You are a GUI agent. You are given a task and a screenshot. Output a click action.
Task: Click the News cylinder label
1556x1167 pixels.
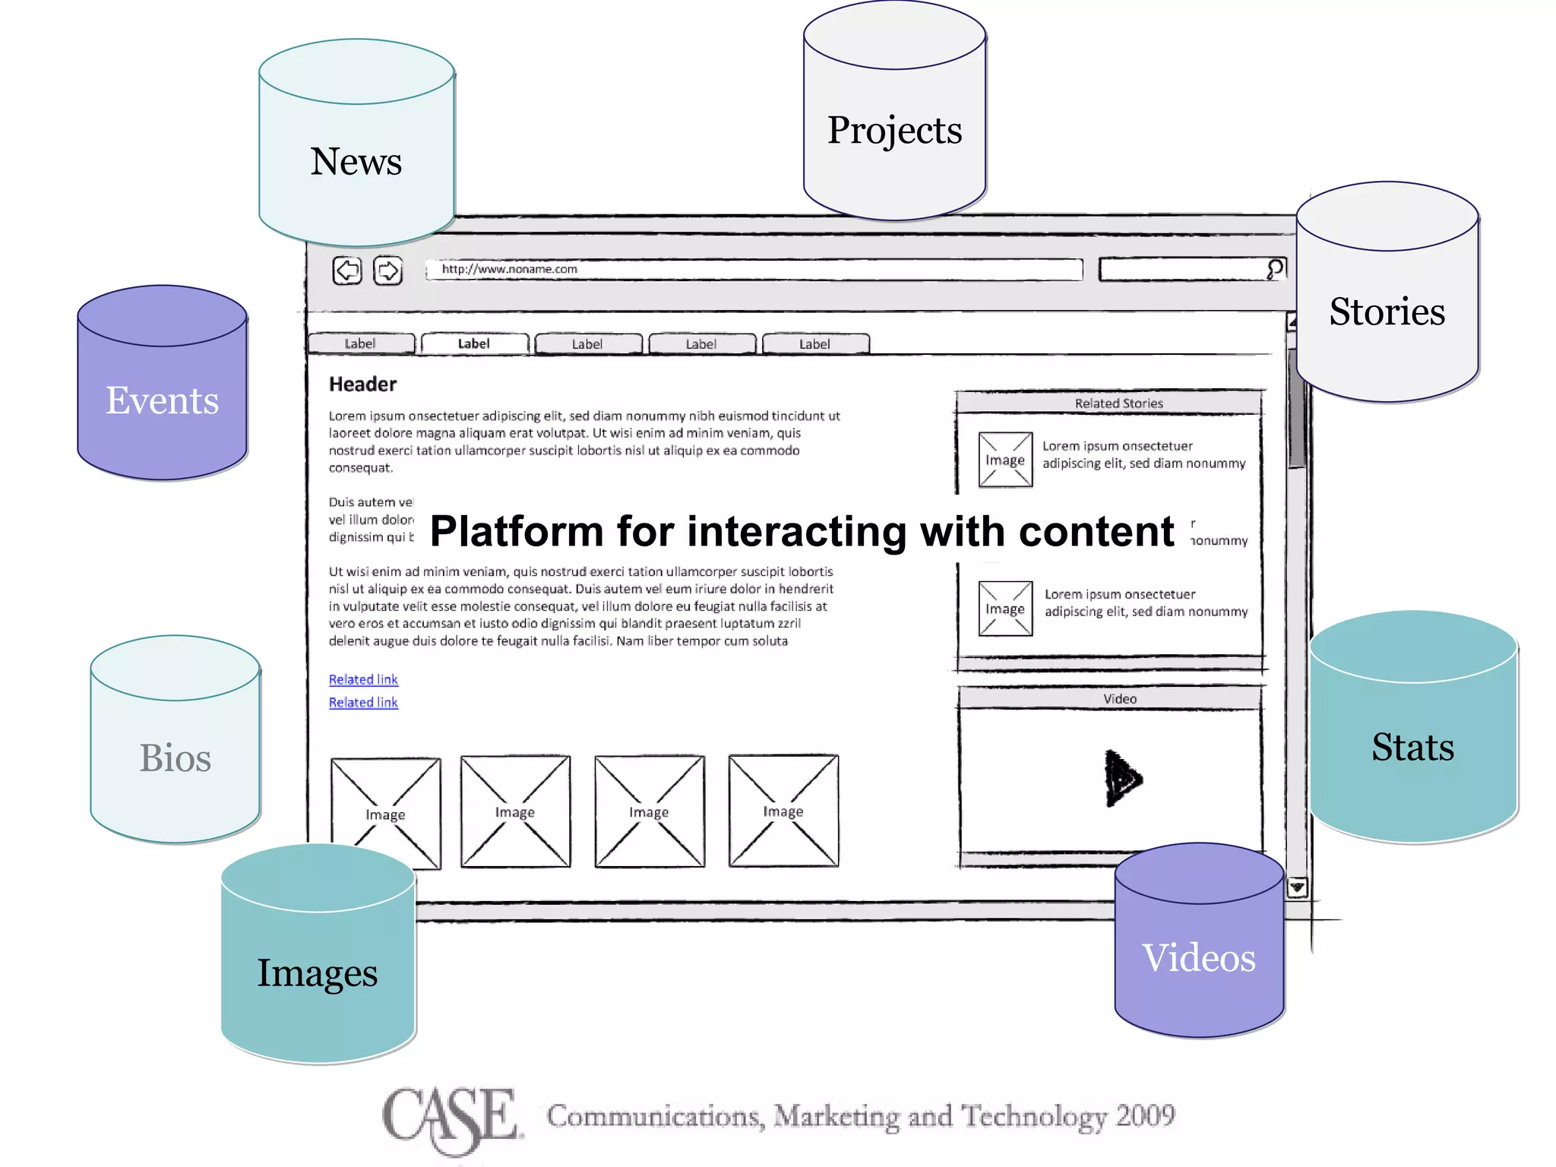click(356, 161)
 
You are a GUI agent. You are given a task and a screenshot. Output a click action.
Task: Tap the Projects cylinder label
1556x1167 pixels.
click(894, 130)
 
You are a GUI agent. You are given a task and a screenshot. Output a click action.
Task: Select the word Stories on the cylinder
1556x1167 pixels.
click(1387, 312)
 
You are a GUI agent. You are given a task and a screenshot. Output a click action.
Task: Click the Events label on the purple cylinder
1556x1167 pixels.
click(162, 400)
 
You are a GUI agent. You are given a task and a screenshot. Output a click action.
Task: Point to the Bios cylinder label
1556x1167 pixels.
click(175, 758)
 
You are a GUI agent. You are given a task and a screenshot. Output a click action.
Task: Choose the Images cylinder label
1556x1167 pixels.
click(317, 973)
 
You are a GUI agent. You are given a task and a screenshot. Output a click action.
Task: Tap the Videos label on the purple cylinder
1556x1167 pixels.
click(1198, 957)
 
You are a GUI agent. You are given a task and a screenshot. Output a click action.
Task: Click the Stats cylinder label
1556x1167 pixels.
click(1412, 747)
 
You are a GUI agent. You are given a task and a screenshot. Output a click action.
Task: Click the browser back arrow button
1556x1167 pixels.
click(347, 270)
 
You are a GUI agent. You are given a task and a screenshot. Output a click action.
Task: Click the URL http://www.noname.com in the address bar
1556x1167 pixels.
click(510, 269)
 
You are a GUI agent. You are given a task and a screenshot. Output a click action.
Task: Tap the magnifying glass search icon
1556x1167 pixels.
click(1275, 269)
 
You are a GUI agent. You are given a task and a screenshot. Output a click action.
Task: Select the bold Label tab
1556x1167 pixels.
click(474, 344)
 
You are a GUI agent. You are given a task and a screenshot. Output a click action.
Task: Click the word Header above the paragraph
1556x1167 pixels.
click(362, 384)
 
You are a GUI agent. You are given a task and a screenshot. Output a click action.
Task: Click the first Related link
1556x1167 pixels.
click(363, 679)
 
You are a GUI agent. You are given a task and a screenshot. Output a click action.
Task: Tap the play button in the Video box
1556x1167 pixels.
click(1121, 779)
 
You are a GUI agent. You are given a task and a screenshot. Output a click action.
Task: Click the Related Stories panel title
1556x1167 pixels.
click(1118, 403)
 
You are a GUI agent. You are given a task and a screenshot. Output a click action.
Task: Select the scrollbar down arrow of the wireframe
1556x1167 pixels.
click(1297, 887)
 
